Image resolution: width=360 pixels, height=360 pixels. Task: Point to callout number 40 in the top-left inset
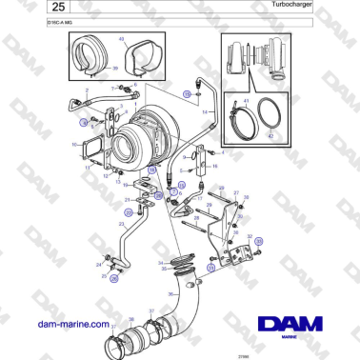121,40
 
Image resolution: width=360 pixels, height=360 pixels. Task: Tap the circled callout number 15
187,92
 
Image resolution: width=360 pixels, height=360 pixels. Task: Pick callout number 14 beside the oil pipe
204,110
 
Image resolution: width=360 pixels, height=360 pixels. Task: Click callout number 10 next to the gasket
74,145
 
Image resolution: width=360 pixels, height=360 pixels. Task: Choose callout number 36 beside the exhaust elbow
170,293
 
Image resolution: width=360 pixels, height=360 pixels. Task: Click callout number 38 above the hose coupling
131,317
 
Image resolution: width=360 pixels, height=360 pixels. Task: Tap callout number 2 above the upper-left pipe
88,90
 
